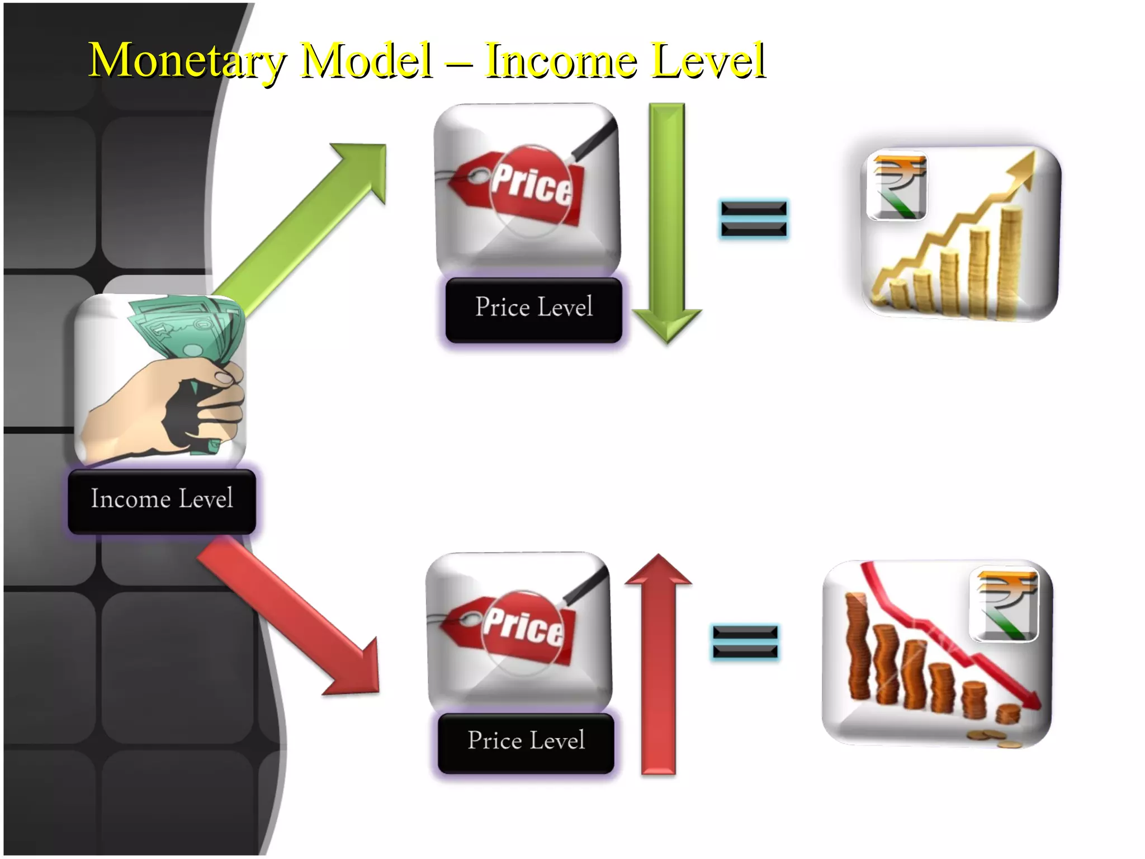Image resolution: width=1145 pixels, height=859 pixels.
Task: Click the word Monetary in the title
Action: [x=187, y=60]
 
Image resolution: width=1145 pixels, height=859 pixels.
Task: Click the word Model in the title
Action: [x=366, y=60]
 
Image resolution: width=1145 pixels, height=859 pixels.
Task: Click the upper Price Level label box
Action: [x=534, y=309]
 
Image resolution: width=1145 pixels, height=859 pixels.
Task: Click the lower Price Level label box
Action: [x=526, y=742]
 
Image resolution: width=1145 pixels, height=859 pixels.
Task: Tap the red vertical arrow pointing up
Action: [x=659, y=666]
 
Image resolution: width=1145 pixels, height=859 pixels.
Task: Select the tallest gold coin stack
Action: [x=1010, y=260]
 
